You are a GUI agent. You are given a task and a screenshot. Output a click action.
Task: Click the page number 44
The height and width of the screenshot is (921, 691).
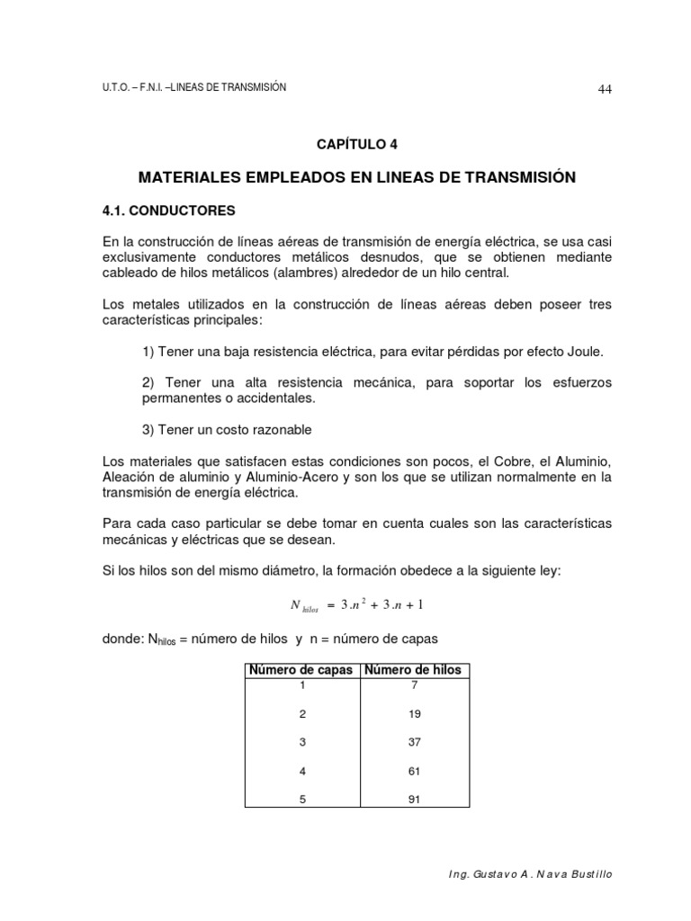(605, 88)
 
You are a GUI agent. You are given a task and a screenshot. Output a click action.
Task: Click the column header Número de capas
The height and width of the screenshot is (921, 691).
(301, 670)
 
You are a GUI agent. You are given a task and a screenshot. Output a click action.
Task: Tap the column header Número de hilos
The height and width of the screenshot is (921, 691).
(413, 670)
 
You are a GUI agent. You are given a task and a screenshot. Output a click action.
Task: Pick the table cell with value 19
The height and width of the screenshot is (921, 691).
(413, 713)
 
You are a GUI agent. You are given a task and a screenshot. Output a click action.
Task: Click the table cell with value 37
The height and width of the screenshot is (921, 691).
(413, 742)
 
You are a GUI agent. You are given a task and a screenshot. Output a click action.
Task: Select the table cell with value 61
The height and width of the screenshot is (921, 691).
(413, 771)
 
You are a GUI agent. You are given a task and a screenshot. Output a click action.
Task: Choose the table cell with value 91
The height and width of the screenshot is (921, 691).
(413, 799)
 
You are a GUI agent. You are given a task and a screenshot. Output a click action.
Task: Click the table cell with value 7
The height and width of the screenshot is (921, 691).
(413, 684)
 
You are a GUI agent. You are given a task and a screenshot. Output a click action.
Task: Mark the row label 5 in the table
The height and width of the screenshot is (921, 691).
(302, 799)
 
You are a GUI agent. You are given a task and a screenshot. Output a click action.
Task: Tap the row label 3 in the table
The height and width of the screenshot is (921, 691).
(302, 742)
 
